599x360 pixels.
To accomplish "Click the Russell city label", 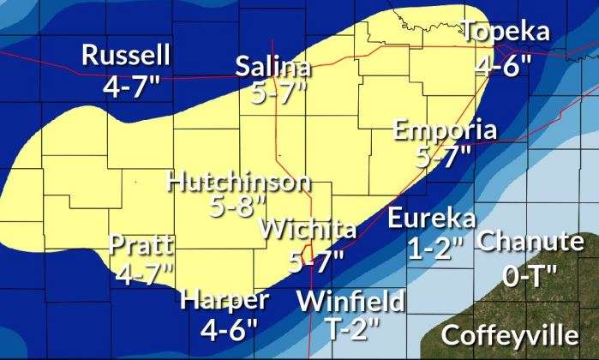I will [x=126, y=56].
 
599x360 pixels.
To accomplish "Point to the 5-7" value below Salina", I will [x=279, y=94].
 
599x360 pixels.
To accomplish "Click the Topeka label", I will [x=505, y=33].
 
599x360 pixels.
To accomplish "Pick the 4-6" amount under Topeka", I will [x=504, y=64].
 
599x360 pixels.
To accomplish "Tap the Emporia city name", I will [x=445, y=130].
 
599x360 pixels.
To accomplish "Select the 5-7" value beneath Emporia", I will [x=444, y=158].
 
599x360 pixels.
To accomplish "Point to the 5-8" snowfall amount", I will [x=237, y=207].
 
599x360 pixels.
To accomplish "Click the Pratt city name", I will [x=142, y=245].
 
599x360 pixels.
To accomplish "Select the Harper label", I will [x=225, y=300].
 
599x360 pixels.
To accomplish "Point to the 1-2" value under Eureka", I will [x=436, y=249].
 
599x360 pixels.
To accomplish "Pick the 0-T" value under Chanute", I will [x=529, y=275].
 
